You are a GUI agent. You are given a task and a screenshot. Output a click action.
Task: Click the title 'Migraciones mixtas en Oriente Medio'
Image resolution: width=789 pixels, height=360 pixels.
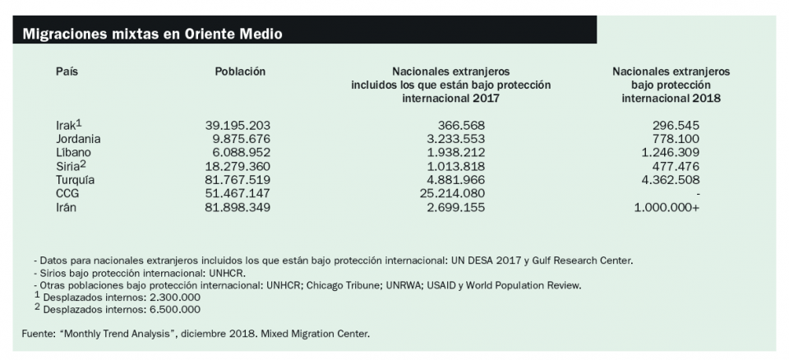(x=153, y=35)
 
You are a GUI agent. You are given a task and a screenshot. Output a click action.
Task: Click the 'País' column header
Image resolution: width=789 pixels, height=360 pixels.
(x=67, y=72)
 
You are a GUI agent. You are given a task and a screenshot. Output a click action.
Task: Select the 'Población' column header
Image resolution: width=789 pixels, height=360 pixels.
(x=240, y=72)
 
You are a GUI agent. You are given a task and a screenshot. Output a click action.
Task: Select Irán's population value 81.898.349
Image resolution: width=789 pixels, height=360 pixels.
(x=238, y=207)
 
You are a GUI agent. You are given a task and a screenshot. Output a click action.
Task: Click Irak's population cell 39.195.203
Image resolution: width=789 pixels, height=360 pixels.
(x=238, y=126)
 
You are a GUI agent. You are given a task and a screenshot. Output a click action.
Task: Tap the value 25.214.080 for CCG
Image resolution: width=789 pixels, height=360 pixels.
(x=451, y=193)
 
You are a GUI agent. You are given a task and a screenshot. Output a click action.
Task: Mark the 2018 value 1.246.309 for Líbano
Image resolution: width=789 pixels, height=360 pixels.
(x=671, y=153)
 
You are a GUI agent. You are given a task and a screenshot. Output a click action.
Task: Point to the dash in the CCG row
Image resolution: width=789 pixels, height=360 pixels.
(x=697, y=194)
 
